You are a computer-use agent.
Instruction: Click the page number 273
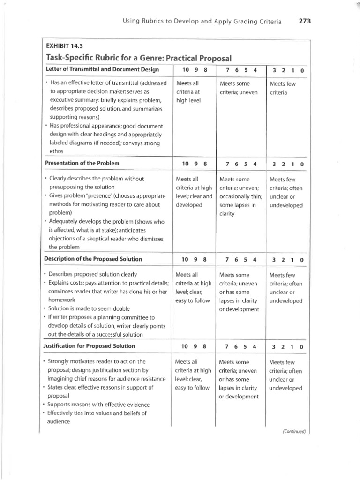304,21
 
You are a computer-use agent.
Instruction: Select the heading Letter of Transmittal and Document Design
102,70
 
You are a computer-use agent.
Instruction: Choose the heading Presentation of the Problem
82,163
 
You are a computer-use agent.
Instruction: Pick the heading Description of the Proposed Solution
93,259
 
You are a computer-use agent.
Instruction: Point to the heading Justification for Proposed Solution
90,346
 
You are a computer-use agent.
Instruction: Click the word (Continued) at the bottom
294,431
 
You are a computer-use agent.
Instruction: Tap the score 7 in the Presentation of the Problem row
227,164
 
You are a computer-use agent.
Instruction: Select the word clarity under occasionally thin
229,214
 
